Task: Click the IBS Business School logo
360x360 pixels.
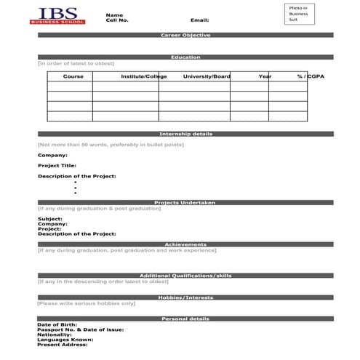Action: [57, 16]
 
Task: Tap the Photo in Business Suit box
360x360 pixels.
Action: [298, 14]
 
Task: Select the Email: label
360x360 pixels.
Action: [199, 20]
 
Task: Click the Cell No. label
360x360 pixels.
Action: [117, 20]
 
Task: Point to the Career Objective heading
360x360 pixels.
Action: [185, 35]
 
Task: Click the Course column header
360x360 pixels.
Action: [73, 76]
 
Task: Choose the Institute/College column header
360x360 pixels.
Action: [139, 76]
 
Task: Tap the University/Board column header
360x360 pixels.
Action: [207, 76]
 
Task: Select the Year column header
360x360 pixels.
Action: [265, 76]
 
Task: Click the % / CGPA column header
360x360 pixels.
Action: [310, 76]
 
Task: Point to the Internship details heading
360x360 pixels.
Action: [185, 134]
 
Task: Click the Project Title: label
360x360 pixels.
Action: [57, 165]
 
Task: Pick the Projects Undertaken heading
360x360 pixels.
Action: [185, 203]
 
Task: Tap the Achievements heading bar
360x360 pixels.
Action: [185, 244]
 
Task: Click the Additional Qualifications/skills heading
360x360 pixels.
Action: [185, 276]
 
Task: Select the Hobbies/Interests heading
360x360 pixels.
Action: [185, 297]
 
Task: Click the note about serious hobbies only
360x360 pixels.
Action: [87, 303]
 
